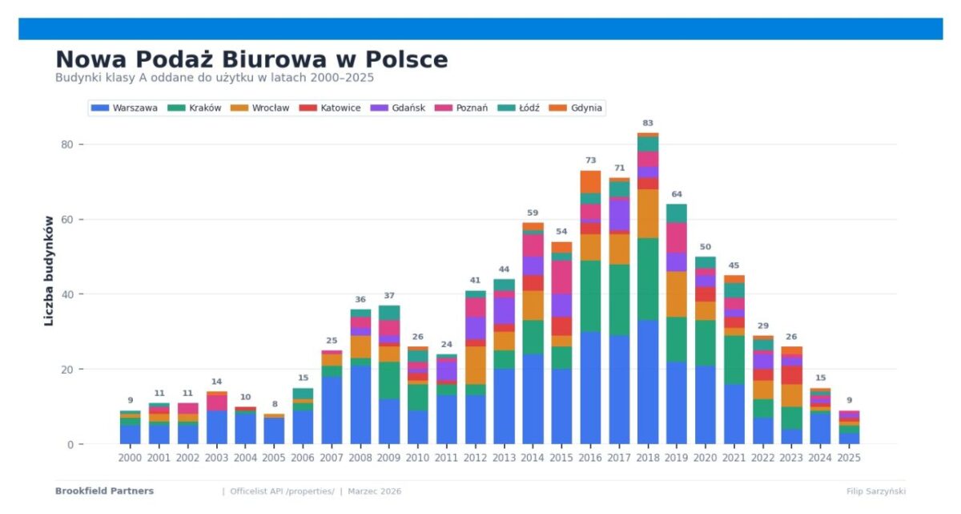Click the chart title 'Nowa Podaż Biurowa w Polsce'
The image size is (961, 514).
[251, 60]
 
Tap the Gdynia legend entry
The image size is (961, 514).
[586, 108]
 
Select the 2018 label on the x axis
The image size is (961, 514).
[648, 458]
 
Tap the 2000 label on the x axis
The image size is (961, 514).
[130, 458]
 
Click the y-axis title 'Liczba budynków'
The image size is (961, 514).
[49, 270]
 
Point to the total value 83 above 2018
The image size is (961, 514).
[648, 123]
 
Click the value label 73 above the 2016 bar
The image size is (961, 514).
[590, 160]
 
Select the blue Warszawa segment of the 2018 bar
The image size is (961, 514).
[648, 382]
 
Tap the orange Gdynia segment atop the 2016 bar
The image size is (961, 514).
[590, 181]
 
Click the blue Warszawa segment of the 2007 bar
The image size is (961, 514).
[331, 410]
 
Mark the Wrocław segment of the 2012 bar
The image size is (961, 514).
[475, 365]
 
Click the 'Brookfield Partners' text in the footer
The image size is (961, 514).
[104, 491]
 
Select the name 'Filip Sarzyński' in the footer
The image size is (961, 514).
[875, 491]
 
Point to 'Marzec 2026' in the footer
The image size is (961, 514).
[374, 491]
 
